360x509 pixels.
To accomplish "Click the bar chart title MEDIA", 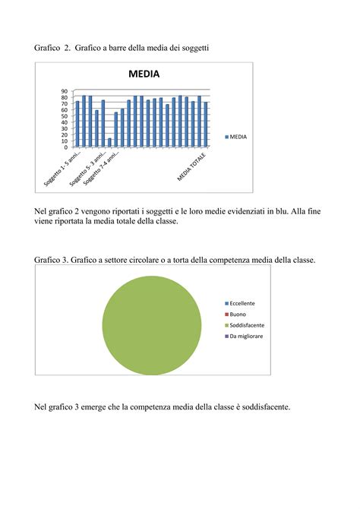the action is tap(144, 74).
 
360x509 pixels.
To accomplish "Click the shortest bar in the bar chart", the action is tap(109, 142).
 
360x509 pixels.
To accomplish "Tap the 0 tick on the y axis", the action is tap(65, 147).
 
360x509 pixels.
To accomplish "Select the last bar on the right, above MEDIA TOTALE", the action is tap(206, 124).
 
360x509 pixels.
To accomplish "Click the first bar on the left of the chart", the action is tap(77, 124).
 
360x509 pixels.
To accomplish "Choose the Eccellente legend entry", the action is tap(242, 303).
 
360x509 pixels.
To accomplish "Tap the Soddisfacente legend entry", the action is tap(245, 324).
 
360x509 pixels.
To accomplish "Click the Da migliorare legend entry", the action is tap(245, 335).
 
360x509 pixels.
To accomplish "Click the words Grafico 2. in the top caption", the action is tap(52, 48).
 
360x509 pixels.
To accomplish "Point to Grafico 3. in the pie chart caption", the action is tap(52, 260).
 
